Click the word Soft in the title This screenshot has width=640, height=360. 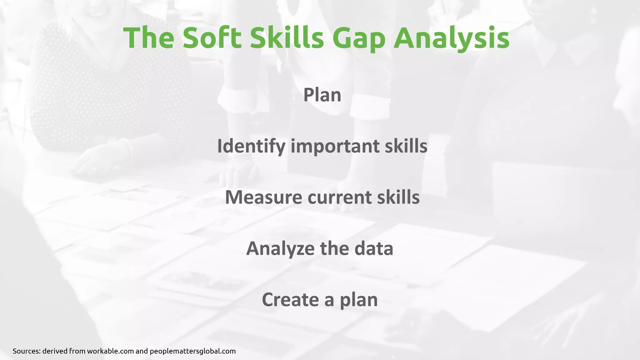212,38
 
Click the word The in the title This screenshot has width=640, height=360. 149,38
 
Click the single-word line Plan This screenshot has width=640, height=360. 322,95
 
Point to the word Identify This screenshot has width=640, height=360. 251,146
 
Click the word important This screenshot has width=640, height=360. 335,146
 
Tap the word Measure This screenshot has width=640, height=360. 263,197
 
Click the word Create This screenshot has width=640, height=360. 290,300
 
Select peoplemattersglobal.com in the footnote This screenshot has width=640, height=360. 192,351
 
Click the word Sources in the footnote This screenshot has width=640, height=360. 26,351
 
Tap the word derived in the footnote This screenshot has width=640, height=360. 55,351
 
